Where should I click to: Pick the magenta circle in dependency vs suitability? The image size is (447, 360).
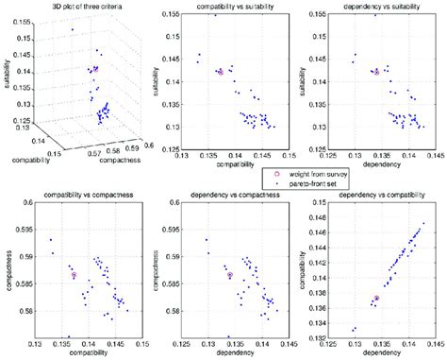[375, 72]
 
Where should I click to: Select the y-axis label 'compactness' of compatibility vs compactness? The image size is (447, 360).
[7, 269]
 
